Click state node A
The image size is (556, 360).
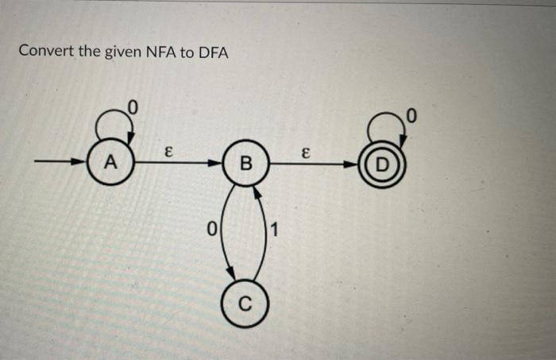112,164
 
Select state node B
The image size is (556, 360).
246,165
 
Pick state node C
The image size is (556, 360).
245,303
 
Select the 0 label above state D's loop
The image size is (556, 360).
410,118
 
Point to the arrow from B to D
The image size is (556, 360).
318,165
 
